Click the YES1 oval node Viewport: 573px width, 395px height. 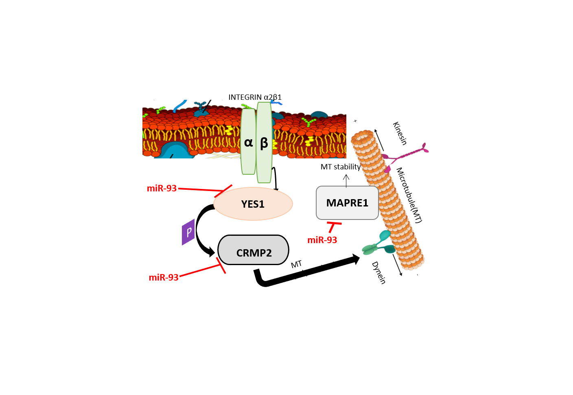(x=253, y=204)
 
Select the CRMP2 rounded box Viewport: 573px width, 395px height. (x=253, y=250)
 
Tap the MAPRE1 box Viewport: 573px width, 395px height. (x=347, y=203)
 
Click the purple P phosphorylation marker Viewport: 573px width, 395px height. (x=188, y=232)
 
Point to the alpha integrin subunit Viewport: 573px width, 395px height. (x=248, y=142)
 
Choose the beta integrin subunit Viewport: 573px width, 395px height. (x=264, y=143)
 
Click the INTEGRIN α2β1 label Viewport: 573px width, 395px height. (x=255, y=97)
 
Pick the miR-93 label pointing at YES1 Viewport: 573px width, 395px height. (x=162, y=189)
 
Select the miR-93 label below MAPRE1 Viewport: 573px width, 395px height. (x=322, y=240)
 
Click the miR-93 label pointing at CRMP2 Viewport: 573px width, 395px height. (x=164, y=278)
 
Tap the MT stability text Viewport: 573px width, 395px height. (x=341, y=167)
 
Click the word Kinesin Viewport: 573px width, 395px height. (x=400, y=133)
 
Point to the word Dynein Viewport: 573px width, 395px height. (x=378, y=272)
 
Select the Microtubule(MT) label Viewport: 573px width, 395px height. (x=409, y=195)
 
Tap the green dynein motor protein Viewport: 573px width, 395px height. (x=378, y=243)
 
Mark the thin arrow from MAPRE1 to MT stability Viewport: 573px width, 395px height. (x=346, y=180)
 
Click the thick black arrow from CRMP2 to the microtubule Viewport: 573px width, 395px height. (x=309, y=271)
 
